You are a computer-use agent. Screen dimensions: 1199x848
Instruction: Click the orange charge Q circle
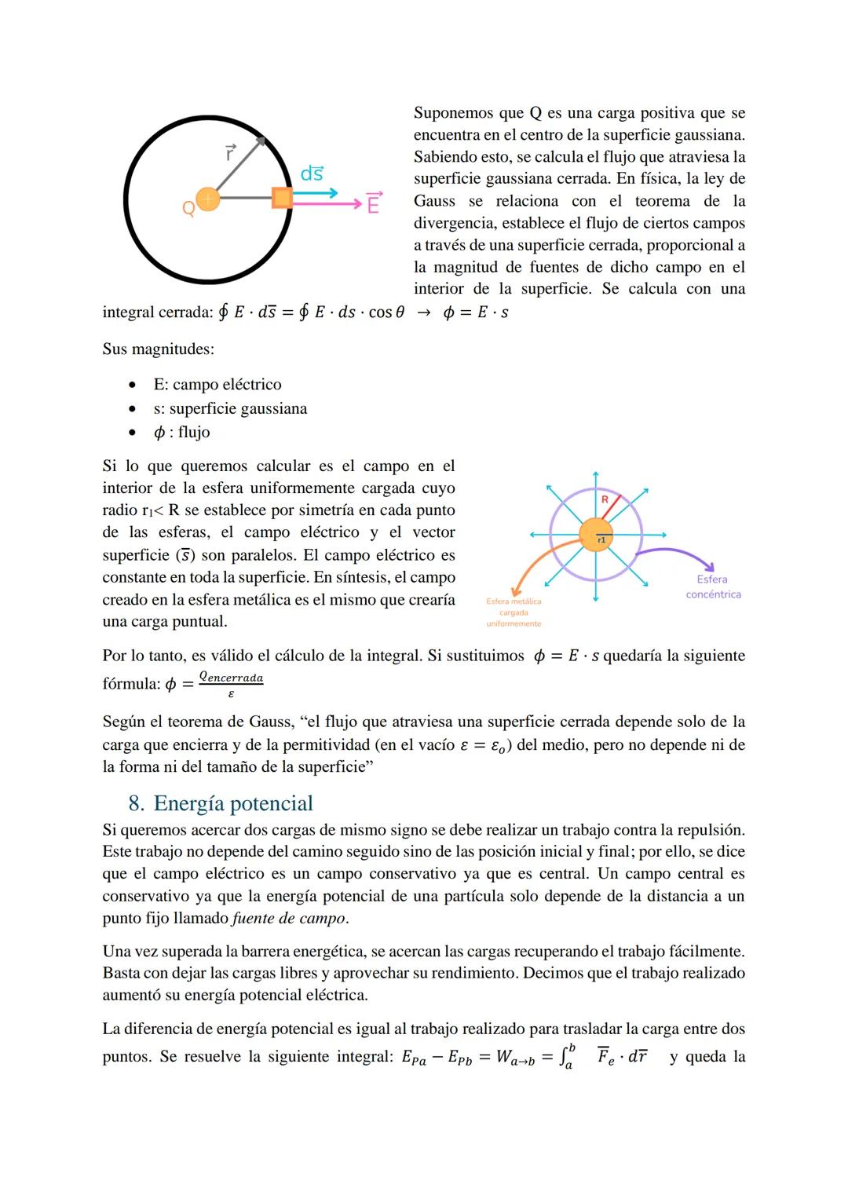[x=207, y=199]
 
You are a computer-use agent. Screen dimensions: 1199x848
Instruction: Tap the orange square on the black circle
[x=282, y=198]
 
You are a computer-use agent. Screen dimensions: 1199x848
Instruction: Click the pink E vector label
[x=374, y=203]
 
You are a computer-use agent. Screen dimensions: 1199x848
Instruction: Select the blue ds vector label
[x=312, y=174]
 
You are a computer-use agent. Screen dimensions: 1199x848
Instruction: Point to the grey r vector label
[x=230, y=152]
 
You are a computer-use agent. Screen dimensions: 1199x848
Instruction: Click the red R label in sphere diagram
[x=605, y=499]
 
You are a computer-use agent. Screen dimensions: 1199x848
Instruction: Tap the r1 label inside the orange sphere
[x=601, y=540]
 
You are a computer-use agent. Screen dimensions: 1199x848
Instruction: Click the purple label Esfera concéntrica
[x=713, y=587]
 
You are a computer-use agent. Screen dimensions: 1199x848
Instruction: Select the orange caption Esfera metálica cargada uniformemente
[x=514, y=612]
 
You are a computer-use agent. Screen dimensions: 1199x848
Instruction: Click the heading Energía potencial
[x=233, y=803]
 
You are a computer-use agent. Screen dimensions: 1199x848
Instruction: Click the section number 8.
[x=136, y=803]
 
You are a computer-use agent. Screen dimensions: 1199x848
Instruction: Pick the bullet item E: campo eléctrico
[x=217, y=384]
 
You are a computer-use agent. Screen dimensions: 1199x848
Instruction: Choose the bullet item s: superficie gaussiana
[x=230, y=408]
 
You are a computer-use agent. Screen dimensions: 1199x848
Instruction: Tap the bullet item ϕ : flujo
[x=182, y=432]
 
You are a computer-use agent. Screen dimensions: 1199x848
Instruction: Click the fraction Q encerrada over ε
[x=231, y=685]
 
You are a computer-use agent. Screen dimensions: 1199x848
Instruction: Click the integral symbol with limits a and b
[x=567, y=1057]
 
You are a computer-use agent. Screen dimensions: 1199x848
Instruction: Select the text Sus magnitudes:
[x=158, y=349]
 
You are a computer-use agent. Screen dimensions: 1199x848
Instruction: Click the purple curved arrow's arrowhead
[x=711, y=567]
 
